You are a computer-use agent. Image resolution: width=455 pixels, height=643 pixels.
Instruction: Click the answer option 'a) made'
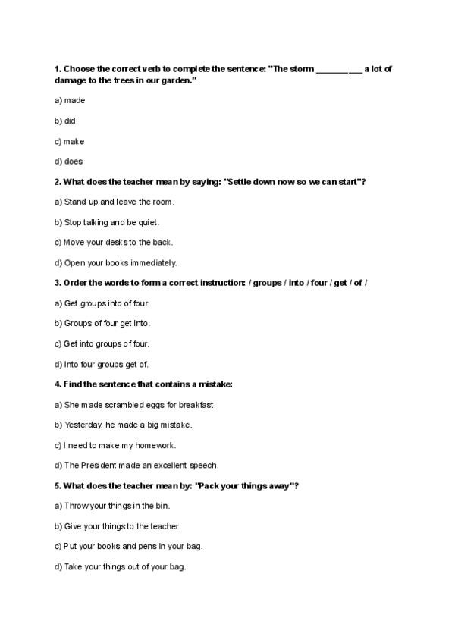[70, 100]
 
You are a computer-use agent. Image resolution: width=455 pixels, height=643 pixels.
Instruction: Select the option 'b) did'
[65, 121]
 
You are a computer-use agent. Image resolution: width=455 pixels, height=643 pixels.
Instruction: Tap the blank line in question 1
[338, 69]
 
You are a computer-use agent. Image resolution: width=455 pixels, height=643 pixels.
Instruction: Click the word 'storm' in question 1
[299, 69]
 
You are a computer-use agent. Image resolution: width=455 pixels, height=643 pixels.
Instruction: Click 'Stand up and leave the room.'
[115, 202]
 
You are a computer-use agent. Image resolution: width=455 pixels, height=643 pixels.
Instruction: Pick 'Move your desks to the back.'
[114, 243]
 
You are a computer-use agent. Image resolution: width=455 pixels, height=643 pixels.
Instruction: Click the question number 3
[58, 283]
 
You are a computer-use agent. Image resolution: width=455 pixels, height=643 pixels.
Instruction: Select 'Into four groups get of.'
[105, 364]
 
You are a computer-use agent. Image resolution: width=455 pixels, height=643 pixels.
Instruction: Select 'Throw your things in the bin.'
[112, 506]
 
